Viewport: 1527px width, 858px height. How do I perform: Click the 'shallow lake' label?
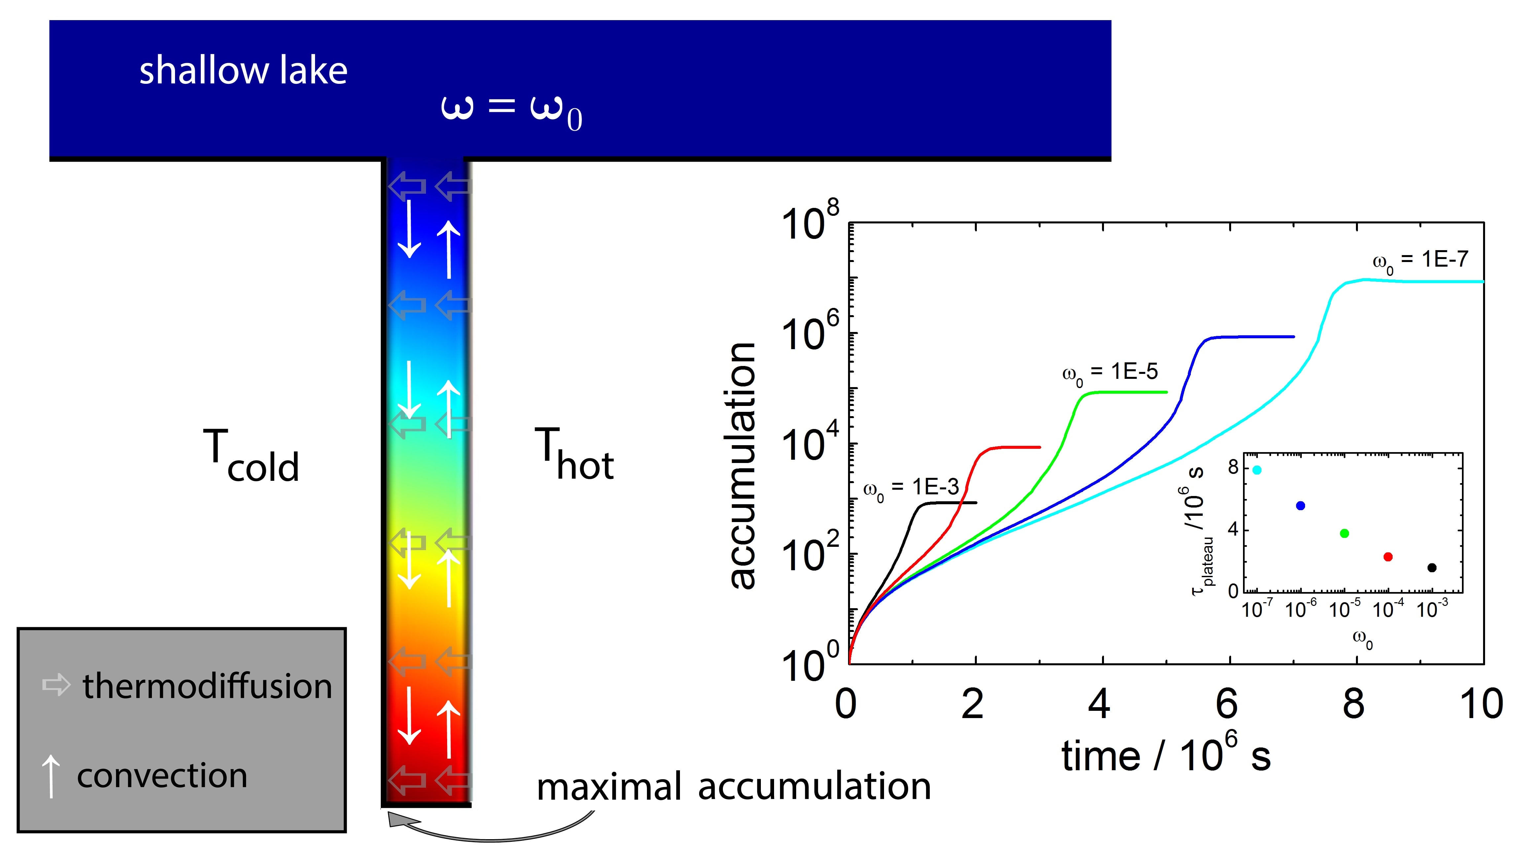pyautogui.click(x=243, y=71)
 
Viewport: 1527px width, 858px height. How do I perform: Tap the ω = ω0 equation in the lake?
pyautogui.click(x=511, y=110)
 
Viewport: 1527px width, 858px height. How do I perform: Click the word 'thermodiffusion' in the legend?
pyautogui.click(x=207, y=686)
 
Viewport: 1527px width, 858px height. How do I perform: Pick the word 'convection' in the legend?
pyautogui.click(x=162, y=775)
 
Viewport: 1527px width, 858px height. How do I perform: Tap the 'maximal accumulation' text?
pyautogui.click(x=733, y=787)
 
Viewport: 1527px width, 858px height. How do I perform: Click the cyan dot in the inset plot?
pyautogui.click(x=1257, y=470)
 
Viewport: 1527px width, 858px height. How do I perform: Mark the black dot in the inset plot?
pyautogui.click(x=1432, y=568)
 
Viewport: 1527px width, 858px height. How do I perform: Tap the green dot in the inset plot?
pyautogui.click(x=1344, y=533)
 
